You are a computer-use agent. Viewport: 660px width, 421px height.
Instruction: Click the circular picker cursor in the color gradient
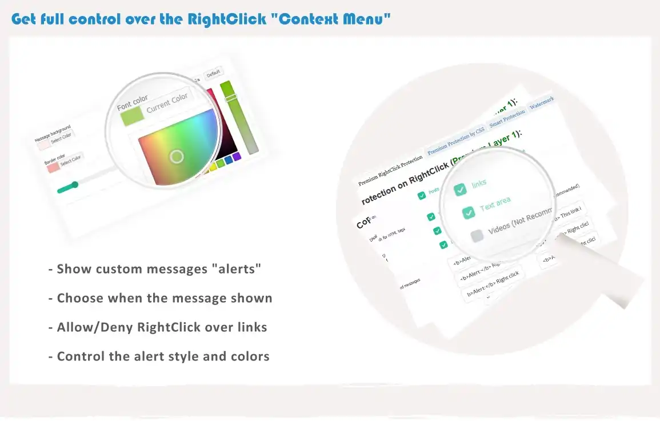click(177, 157)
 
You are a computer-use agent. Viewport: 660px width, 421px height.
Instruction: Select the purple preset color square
click(236, 157)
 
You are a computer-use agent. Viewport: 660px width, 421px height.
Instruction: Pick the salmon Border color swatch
click(53, 167)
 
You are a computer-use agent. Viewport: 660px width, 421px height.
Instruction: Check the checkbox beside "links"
click(460, 190)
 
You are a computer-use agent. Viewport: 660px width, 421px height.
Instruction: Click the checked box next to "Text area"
click(469, 212)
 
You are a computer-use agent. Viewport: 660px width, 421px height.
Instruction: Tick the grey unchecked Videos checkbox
click(477, 236)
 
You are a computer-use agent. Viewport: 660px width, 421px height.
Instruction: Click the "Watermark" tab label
click(542, 103)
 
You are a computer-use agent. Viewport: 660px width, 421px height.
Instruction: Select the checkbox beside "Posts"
click(422, 196)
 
